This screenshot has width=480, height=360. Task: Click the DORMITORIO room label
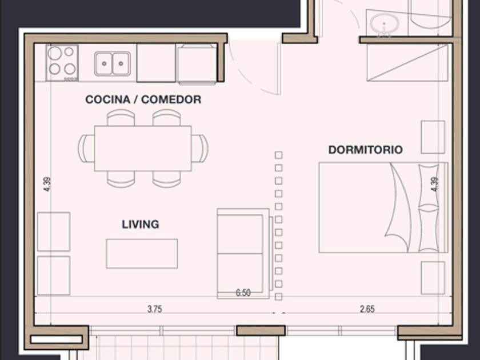[366, 150]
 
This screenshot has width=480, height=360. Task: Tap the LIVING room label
[141, 225]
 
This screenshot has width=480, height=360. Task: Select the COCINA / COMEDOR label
[143, 99]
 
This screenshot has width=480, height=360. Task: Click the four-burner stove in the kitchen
[62, 63]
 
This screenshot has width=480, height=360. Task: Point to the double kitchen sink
[113, 63]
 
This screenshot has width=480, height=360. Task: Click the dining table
[143, 148]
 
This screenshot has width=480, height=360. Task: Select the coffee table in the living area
[142, 254]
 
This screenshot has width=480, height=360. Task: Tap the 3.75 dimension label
[155, 309]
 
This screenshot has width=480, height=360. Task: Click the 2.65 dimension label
[367, 309]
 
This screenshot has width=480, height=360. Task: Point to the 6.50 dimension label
[243, 293]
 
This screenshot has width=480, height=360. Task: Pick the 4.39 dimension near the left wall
[47, 185]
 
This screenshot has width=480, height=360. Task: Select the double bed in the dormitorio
[383, 207]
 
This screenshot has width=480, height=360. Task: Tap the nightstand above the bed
[433, 137]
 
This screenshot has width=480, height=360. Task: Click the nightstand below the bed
[433, 278]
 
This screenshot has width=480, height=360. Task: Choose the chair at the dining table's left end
[86, 149]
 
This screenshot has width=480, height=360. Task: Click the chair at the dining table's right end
[200, 149]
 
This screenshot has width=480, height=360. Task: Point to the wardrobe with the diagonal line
[407, 63]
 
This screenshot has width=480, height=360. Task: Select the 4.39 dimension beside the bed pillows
[435, 185]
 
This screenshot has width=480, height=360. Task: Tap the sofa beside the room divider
[243, 254]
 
